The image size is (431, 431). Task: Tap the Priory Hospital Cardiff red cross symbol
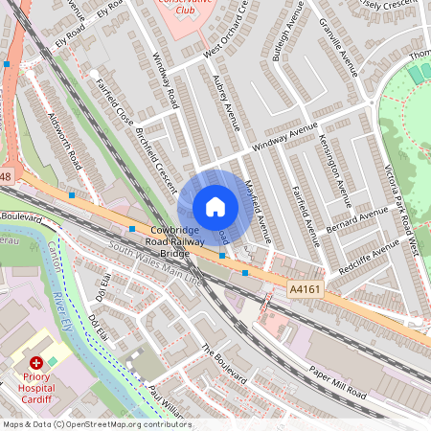[x=36, y=364]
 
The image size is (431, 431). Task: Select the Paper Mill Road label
[x=337, y=382]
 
